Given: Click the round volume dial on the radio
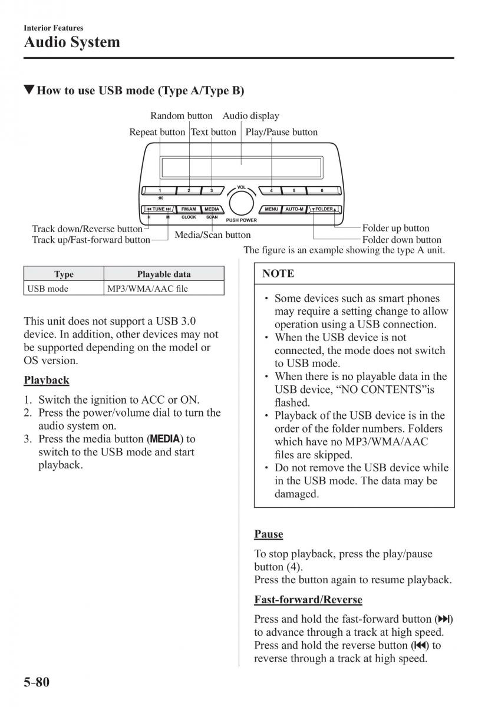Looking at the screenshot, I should click(x=240, y=203).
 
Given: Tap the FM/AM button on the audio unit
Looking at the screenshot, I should click(x=189, y=209).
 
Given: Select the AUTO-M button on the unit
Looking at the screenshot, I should click(x=293, y=209).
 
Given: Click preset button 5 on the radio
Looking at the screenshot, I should click(x=293, y=190).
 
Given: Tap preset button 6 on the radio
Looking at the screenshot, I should click(x=322, y=190).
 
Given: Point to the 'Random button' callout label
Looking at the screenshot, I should click(x=182, y=116).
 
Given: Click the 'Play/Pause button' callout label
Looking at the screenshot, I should click(x=281, y=132).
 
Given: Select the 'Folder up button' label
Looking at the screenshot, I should click(x=395, y=228).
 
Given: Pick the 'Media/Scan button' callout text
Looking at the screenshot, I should click(x=213, y=235).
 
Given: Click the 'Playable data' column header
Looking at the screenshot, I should click(x=164, y=274).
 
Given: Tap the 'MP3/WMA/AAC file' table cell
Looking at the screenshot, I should click(x=147, y=289).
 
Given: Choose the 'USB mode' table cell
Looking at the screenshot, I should click(x=47, y=289).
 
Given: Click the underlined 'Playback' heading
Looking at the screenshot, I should click(x=47, y=381).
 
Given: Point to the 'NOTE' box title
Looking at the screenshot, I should click(x=278, y=274).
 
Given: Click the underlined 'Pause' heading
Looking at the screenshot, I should click(x=269, y=534).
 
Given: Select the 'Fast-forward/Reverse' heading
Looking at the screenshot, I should click(x=308, y=600).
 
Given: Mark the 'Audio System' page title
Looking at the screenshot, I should click(x=72, y=42).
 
